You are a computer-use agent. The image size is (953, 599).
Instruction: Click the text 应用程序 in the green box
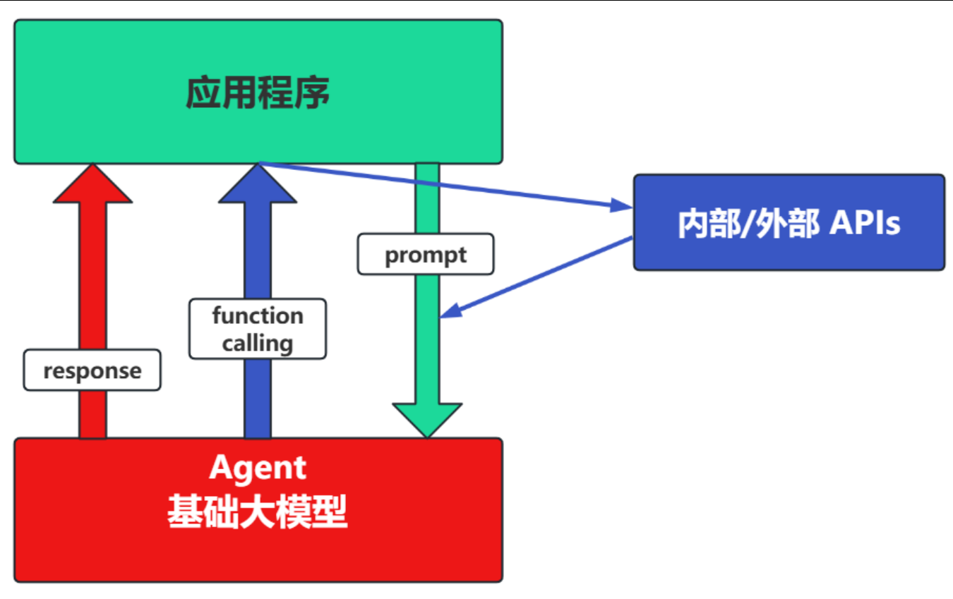258,92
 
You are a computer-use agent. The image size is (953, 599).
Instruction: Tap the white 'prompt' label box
426,254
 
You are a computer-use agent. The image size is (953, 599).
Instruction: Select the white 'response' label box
92,370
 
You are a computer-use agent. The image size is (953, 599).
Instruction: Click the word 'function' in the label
258,316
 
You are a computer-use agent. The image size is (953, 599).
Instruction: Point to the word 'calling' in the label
258,344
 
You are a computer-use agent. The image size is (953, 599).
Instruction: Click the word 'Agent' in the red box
258,468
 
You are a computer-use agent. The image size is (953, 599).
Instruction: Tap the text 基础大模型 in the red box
258,512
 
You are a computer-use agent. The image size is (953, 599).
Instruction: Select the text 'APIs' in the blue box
865,223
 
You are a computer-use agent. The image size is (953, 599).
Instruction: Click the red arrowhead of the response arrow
92,183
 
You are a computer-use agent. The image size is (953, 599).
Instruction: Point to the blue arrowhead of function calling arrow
258,183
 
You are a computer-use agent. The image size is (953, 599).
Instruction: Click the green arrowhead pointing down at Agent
427,420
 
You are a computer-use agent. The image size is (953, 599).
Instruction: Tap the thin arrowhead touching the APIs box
621,205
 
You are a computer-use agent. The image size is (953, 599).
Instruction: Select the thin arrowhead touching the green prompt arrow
451,310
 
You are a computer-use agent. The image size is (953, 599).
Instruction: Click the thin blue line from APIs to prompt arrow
537,277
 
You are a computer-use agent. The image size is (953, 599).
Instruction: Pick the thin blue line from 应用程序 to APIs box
446,186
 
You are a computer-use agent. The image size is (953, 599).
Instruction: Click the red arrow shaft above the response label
92,276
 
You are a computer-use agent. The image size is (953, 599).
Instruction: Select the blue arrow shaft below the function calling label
258,399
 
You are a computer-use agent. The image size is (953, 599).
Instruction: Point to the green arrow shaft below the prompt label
427,339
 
